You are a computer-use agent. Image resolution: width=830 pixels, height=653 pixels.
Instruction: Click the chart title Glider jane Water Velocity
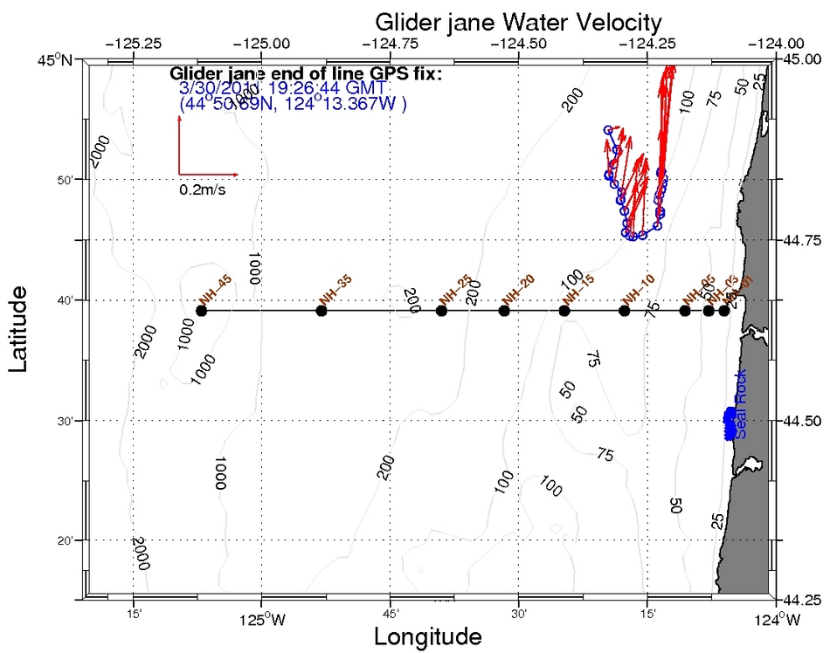pos(518,21)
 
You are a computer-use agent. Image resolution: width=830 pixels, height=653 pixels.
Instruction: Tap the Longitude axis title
pos(427,636)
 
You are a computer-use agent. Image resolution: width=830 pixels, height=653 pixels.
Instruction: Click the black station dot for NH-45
pos(202,311)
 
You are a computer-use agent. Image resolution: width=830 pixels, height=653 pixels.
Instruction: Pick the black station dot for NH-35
pos(322,311)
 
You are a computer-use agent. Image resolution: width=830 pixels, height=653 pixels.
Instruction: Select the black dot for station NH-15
pos(564,311)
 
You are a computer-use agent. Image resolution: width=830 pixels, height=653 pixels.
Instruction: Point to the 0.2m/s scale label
pos(203,189)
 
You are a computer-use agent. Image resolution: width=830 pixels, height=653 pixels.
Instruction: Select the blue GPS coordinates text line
pos(293,104)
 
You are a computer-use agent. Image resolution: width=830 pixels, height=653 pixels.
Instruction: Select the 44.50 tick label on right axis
pos(801,421)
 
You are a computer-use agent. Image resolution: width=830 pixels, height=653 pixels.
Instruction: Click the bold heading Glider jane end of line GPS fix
pos(306,73)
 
